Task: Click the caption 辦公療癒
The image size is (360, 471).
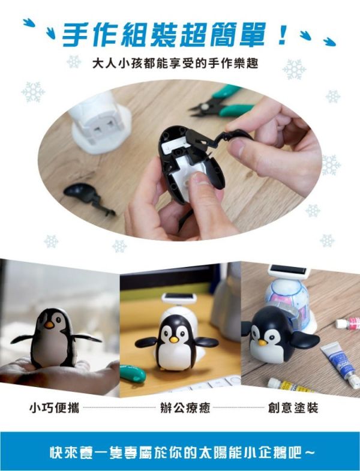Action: [180, 408]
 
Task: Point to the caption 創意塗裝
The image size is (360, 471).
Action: [293, 408]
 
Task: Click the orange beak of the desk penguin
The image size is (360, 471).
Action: [173, 339]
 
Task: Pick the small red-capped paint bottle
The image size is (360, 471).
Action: [347, 323]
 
